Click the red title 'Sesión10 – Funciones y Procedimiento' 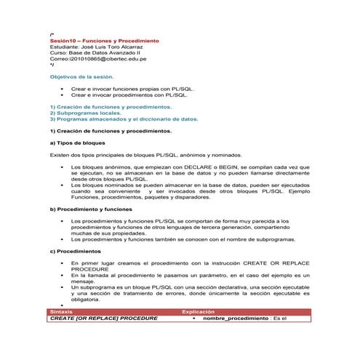click(104, 41)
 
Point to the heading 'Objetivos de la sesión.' click(81, 76)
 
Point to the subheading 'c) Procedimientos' click(76, 251)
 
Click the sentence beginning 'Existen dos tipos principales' click(145, 155)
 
